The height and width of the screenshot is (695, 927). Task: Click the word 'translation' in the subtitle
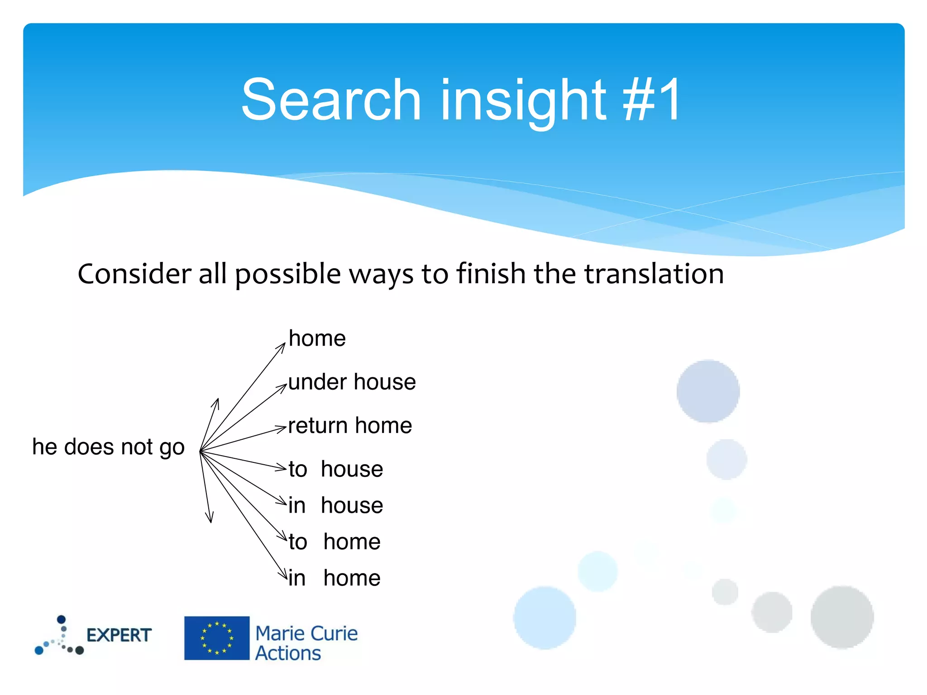[x=654, y=274]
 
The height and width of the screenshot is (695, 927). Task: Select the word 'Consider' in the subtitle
[x=134, y=274]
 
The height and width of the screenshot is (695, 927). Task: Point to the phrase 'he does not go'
[x=109, y=447]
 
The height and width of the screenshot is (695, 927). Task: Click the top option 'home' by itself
[x=317, y=338]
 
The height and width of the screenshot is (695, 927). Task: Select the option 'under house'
[x=352, y=382]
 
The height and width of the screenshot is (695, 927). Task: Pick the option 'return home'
[x=350, y=426]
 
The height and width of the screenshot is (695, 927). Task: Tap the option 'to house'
[x=336, y=469]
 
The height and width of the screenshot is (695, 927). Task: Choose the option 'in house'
[x=336, y=505]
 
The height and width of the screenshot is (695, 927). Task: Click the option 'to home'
[x=335, y=542]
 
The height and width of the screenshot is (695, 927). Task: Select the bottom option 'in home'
[x=335, y=578]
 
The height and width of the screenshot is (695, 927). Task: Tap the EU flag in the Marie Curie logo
[x=217, y=638]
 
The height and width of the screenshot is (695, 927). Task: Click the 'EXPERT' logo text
[x=119, y=635]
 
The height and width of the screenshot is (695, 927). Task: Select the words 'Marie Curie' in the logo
[x=306, y=633]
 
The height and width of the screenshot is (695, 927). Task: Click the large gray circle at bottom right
[x=842, y=617]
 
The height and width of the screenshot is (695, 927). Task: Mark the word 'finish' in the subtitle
[x=491, y=274]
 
